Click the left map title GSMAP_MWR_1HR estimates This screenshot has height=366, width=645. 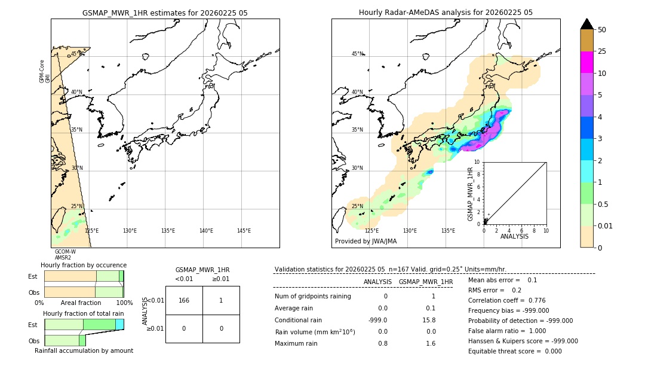click(165, 13)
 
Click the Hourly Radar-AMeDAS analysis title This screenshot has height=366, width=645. click(446, 13)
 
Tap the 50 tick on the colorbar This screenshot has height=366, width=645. click(602, 30)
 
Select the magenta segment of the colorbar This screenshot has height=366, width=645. click(586, 63)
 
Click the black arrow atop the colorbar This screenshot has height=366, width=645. click(586, 24)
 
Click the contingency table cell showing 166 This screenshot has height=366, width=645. click(184, 300)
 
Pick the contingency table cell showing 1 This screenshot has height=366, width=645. click(221, 300)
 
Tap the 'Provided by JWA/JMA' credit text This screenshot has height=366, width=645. click(365, 242)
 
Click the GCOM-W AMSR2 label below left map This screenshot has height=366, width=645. click(65, 255)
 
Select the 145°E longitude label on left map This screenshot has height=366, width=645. click(244, 231)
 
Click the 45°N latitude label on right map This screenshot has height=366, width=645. click(357, 54)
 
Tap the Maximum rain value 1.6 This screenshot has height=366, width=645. click(430, 343)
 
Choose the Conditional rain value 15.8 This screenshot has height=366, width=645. click(430, 320)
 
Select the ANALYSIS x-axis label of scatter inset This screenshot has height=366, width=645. click(514, 236)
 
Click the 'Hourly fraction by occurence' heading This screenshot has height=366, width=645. click(84, 265)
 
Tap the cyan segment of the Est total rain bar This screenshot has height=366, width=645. click(119, 324)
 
